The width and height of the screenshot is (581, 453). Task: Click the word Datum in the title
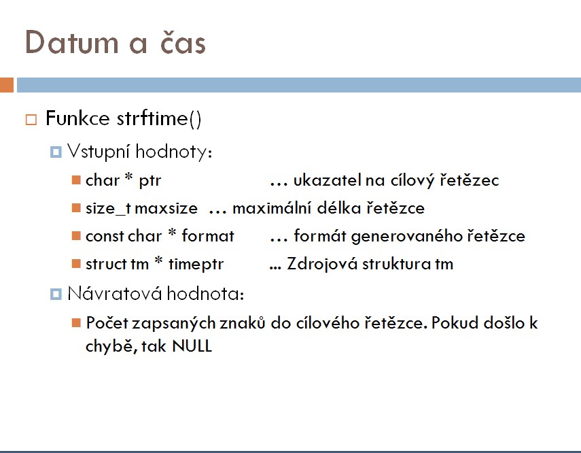point(71,42)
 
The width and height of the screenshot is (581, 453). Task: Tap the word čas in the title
point(183,41)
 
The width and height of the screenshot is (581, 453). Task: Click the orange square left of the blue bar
point(7,85)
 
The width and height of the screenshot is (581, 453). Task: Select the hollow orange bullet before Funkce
point(31,120)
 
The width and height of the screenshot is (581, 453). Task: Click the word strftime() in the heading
point(159,119)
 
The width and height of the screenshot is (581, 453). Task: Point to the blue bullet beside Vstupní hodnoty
point(56,152)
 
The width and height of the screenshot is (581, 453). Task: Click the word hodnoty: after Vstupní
point(174,152)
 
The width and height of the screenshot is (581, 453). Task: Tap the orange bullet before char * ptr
point(76,180)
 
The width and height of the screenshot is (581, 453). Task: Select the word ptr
point(150,181)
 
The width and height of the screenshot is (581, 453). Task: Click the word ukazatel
point(327,180)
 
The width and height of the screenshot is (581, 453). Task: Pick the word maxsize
point(166,209)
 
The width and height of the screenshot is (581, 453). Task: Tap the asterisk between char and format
point(173,232)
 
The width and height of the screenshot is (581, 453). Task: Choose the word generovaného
point(407,236)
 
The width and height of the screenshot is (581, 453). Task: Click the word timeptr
point(196,265)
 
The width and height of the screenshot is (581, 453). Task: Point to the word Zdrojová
point(322,264)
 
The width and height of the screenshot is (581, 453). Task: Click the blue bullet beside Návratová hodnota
point(56,295)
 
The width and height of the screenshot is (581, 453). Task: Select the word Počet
point(107,323)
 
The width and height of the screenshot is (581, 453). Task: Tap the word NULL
point(192,346)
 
